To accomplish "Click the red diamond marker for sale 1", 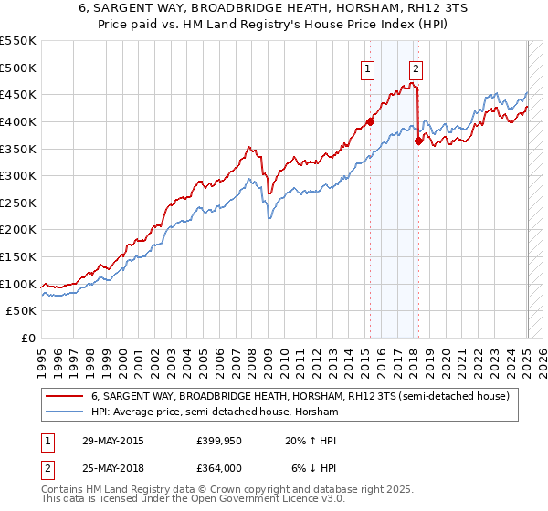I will pyautogui.click(x=370, y=120).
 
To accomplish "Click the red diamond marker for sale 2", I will pyautogui.click(x=418, y=141).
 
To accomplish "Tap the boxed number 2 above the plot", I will pyautogui.click(x=416, y=67).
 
